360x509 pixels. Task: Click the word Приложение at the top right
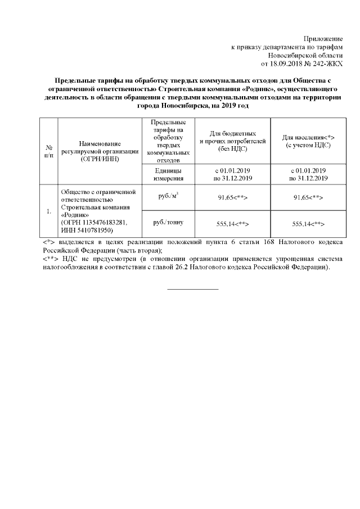point(322,38)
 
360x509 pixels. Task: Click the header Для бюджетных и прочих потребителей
point(232,141)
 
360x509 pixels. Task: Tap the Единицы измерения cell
point(168,174)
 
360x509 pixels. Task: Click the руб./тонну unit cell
point(168,222)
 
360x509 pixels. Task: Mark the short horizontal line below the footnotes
point(193,289)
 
